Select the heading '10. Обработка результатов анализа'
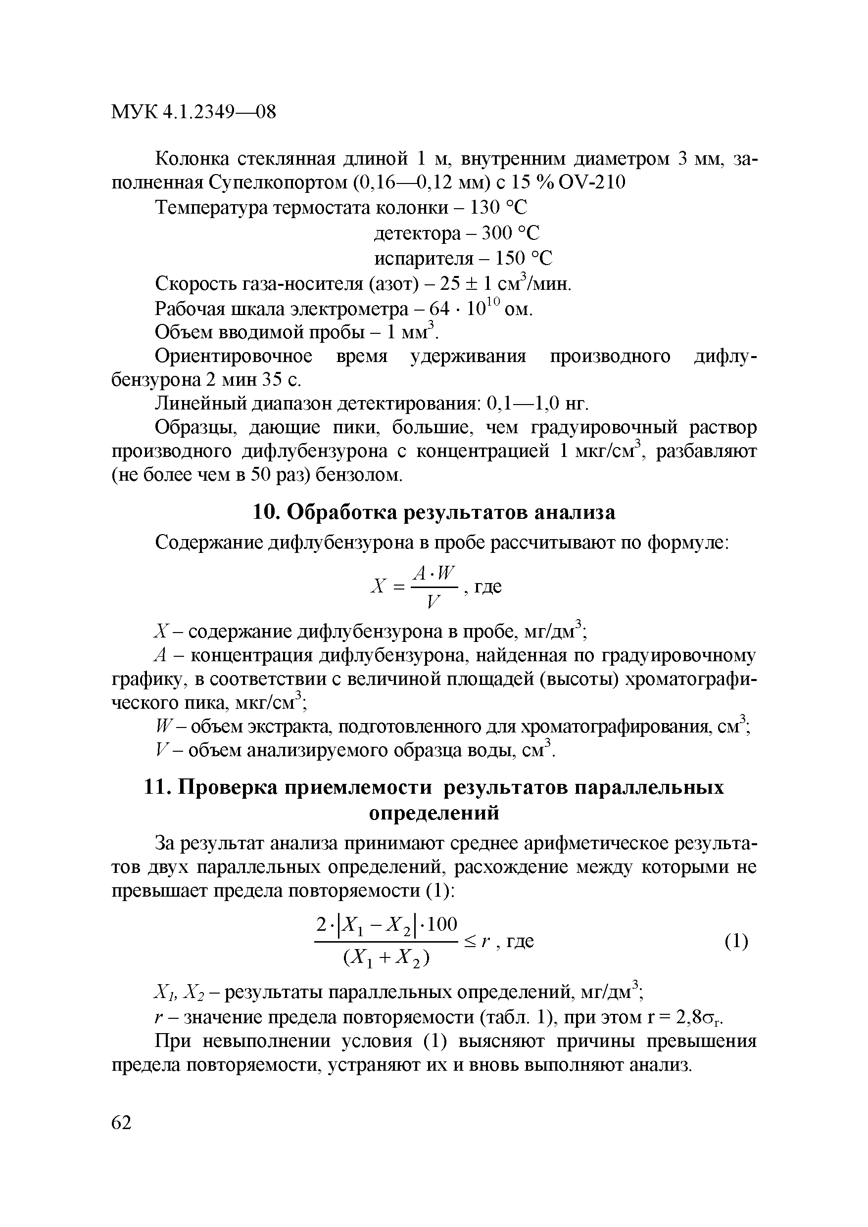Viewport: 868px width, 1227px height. (433, 512)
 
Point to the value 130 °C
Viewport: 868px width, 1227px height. (498, 207)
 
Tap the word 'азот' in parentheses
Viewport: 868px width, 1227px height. (393, 284)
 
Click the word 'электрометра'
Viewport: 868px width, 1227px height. (350, 310)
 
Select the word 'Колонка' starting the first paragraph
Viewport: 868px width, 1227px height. (192, 159)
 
